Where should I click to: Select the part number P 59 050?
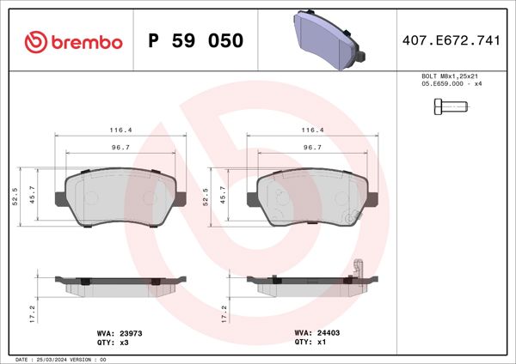tap(196, 41)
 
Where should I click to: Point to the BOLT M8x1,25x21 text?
tap(445, 77)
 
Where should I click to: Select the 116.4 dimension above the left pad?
tap(120, 130)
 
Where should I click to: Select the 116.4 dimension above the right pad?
tap(312, 130)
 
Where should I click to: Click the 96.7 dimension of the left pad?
tap(120, 148)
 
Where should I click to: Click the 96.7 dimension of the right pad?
tap(312, 148)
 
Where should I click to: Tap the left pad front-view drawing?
tap(120, 196)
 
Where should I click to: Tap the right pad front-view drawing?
tap(311, 196)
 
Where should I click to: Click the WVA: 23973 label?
tap(121, 331)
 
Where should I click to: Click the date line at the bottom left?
tap(60, 359)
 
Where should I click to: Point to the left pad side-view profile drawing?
tap(120, 283)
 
